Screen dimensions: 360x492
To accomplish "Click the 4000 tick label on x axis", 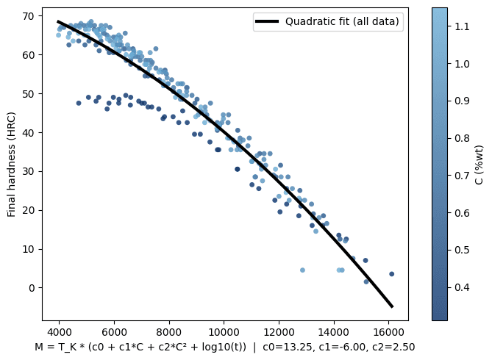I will pyautogui.click(x=60, y=331).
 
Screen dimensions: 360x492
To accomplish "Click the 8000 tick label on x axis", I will pyautogui.click(x=169, y=331).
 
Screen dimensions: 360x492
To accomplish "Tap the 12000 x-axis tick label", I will pyautogui.click(x=279, y=331).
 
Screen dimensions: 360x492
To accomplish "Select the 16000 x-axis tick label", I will pyautogui.click(x=388, y=331).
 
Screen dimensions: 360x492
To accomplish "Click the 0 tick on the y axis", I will pyautogui.click(x=33, y=287).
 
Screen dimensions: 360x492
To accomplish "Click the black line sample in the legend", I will pyautogui.click(x=269, y=21).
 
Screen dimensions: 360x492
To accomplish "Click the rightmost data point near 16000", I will pyautogui.click(x=391, y=274).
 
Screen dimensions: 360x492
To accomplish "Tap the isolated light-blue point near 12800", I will pyautogui.click(x=302, y=270).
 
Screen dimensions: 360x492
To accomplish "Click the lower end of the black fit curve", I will pyautogui.click(x=392, y=306).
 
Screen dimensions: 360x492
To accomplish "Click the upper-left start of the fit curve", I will pyautogui.click(x=58, y=21).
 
